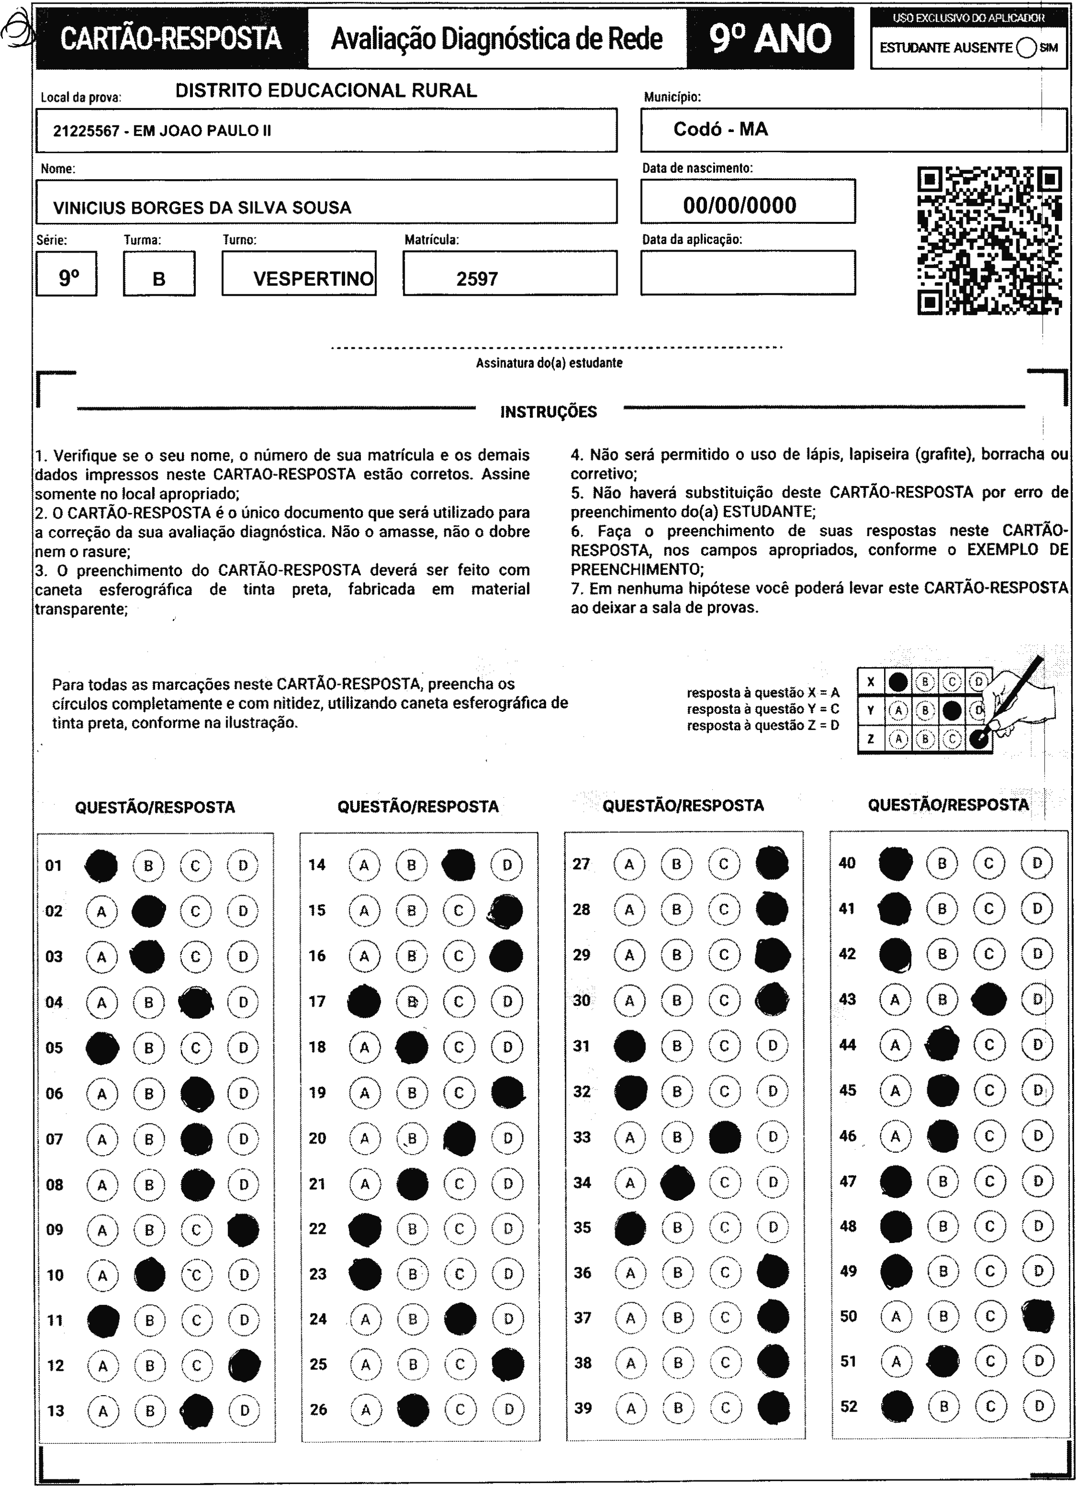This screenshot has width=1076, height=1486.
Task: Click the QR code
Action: (989, 241)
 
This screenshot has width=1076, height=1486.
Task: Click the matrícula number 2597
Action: (477, 279)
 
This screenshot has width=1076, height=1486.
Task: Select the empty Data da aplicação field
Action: (747, 273)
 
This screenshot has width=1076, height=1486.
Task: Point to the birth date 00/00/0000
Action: (740, 206)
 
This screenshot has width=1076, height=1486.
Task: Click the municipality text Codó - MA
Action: (720, 129)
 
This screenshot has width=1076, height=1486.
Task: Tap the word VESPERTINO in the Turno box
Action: (313, 279)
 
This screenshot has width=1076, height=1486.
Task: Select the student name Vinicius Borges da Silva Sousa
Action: (203, 207)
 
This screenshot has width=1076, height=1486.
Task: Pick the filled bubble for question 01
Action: (102, 865)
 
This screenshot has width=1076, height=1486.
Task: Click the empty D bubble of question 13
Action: (245, 1410)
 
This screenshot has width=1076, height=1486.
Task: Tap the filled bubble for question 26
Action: (413, 1409)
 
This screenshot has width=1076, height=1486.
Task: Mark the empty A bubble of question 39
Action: (631, 1409)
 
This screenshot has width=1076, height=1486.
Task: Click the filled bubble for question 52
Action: (897, 1406)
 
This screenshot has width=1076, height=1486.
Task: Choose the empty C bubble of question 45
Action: (989, 1090)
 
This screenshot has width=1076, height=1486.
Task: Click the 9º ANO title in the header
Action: (770, 38)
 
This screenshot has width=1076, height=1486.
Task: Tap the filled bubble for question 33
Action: (725, 1137)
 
